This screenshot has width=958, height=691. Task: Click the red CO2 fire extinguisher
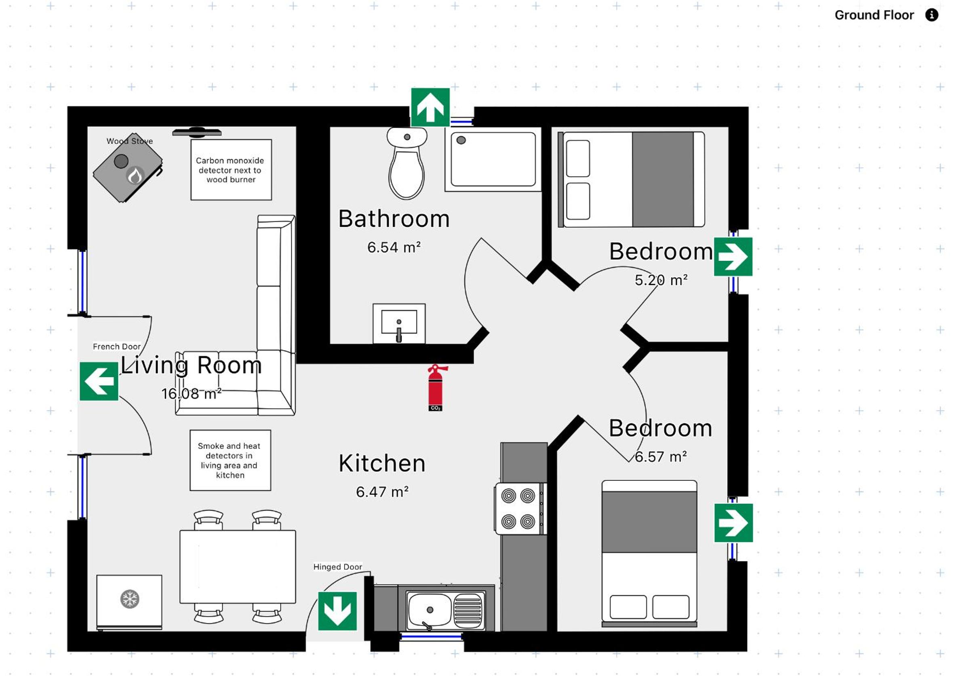coord(436,388)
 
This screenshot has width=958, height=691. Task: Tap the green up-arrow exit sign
coord(430,107)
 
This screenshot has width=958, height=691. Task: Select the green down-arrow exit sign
coord(337,611)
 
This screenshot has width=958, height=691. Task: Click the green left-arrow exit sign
coord(99,381)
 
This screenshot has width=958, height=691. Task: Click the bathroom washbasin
coord(399,323)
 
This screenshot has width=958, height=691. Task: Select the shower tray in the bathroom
coord(493,159)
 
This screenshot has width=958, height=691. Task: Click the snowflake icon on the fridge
coord(130,599)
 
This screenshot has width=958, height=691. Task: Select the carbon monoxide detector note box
coord(231,170)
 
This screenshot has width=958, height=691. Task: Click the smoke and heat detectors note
coord(230,460)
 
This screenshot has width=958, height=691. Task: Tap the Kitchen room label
coord(382,463)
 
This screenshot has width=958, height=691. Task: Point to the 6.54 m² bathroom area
coord(394,247)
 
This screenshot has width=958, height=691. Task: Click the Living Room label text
coord(192,365)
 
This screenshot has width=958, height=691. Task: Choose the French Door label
coord(117,347)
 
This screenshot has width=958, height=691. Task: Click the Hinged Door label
coord(337,567)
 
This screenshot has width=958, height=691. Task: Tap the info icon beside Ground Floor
coord(932,15)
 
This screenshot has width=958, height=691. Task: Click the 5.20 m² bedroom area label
coord(661,280)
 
